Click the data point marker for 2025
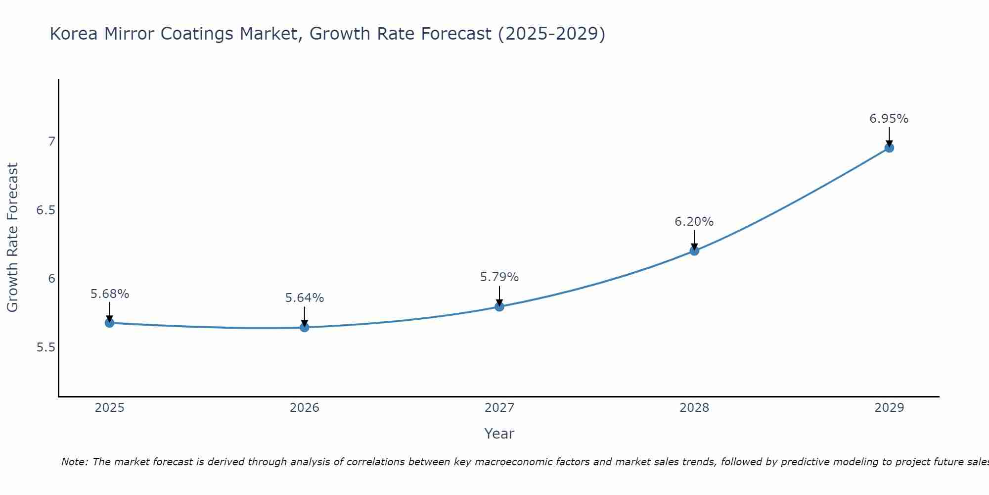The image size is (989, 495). pos(109,323)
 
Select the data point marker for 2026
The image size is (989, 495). pos(304,327)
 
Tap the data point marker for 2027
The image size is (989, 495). pos(499,306)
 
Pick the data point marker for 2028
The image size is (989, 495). pos(694,250)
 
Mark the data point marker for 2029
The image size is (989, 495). pos(889,148)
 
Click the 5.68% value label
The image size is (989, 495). pos(109,294)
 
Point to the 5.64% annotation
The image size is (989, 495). pos(304,298)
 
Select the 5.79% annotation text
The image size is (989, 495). pos(499,277)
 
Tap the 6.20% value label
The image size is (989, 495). pos(694,222)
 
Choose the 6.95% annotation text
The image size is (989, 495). pos(889,119)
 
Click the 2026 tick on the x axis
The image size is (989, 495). pos(304,408)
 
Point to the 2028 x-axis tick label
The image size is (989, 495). pos(694,408)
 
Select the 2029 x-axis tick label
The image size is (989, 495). pos(889,408)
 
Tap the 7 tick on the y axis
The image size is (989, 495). pos(51,142)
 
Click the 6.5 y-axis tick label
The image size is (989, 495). pos(46,210)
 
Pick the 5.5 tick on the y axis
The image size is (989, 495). pos(46,347)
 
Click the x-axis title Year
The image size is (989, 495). pos(499,434)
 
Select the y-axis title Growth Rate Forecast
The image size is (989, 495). pos(12,237)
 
